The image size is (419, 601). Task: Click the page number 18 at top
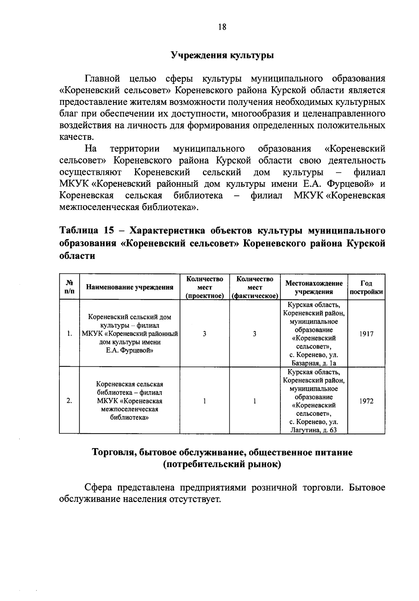coord(222,27)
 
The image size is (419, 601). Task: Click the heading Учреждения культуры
coord(222,55)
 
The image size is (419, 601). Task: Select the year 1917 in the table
coord(366,334)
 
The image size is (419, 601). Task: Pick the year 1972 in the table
coord(366,401)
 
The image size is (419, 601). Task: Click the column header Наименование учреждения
coord(130,287)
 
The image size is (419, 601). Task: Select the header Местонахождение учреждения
coord(314,287)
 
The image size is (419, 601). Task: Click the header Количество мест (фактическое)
coord(255,287)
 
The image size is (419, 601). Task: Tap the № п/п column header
coord(69,287)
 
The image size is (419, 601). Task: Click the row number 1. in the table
coord(69,334)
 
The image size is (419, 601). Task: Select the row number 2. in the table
coord(69,401)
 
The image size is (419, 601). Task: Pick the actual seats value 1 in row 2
coord(255,401)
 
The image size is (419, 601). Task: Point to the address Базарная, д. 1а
coord(314,363)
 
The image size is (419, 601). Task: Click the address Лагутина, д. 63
coord(314,430)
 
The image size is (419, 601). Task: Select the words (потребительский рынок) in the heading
coord(222,465)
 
